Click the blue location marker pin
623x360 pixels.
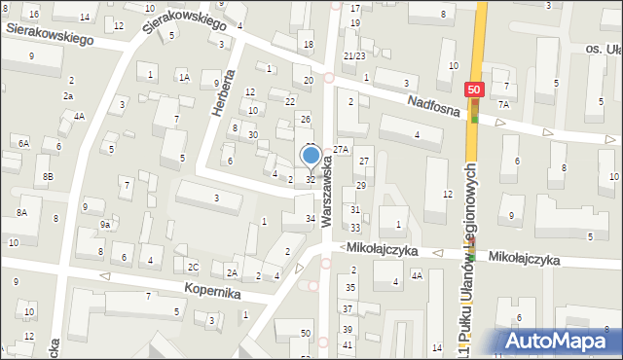(311, 156)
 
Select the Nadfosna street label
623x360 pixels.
(435, 110)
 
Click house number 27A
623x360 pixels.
(340, 149)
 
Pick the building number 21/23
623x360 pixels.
(354, 56)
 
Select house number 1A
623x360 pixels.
(183, 76)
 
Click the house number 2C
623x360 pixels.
(193, 267)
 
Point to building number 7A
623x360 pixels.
(502, 103)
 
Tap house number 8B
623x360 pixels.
(48, 176)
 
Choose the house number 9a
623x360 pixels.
(104, 224)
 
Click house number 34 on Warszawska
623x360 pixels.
(311, 219)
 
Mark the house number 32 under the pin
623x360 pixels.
(311, 179)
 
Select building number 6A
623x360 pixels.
(23, 143)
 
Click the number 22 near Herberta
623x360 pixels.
(290, 101)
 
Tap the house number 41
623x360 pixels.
(348, 345)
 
